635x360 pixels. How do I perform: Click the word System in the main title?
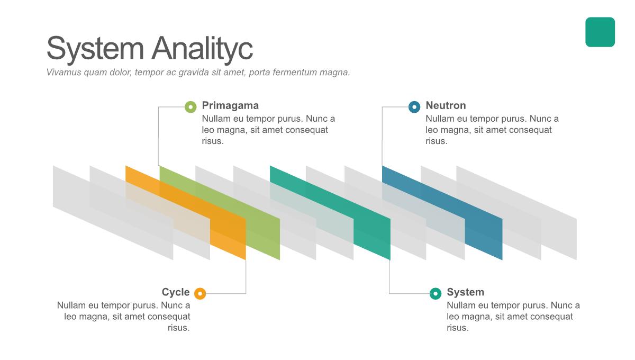pyautogui.click(x=95, y=49)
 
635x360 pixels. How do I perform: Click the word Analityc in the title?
pyautogui.click(x=202, y=49)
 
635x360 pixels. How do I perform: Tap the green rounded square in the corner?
pyautogui.click(x=600, y=32)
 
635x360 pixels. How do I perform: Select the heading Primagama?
pyautogui.click(x=230, y=105)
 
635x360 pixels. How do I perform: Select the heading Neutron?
pyautogui.click(x=446, y=105)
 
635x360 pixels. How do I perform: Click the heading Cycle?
pyautogui.click(x=176, y=292)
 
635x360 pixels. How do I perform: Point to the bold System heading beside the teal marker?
pyautogui.click(x=466, y=292)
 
